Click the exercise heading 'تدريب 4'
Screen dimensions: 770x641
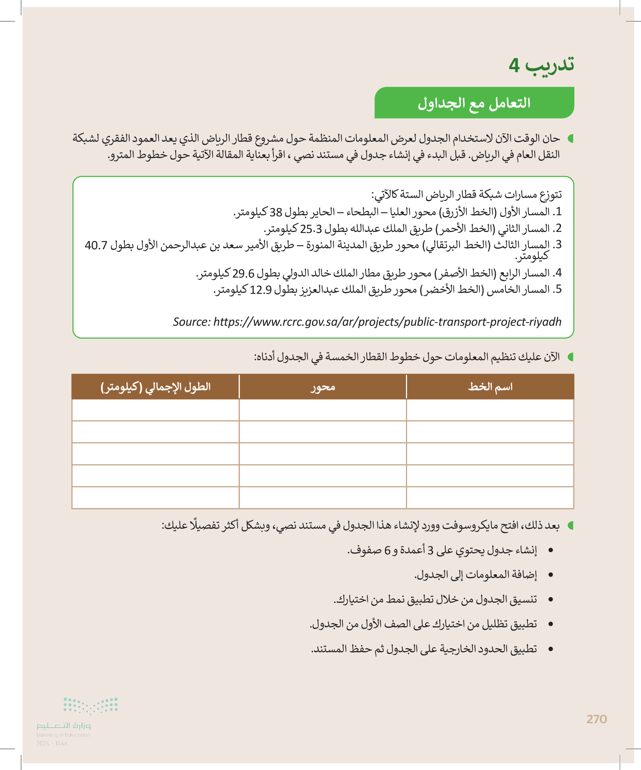[541, 65]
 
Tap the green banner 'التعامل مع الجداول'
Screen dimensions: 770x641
[474, 103]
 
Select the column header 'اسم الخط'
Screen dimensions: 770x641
[490, 387]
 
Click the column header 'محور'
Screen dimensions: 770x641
[323, 387]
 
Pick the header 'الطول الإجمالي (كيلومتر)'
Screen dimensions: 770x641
[155, 387]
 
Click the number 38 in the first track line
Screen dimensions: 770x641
[276, 212]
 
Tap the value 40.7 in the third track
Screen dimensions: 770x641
[96, 245]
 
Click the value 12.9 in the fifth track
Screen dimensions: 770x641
[261, 290]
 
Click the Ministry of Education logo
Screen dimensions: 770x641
[77, 717]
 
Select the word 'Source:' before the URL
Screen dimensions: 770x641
[192, 322]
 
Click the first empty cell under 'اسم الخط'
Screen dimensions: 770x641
[490, 410]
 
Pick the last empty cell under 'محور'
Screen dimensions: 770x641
[323, 498]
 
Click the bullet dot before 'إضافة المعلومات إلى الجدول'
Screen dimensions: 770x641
[550, 575]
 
